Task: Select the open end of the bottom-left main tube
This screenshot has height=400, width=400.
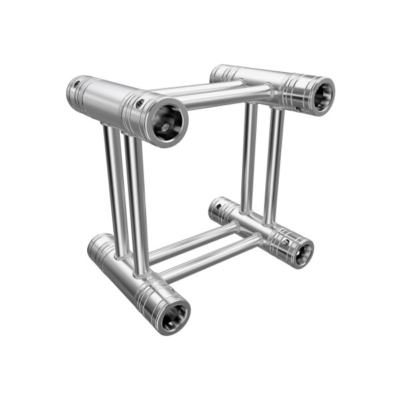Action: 175,314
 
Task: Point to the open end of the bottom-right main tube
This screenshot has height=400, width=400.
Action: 301,252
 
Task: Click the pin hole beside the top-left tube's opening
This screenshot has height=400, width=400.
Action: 140,103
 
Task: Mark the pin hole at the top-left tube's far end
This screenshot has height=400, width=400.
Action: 77,84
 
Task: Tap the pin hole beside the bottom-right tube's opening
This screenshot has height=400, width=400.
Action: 285,242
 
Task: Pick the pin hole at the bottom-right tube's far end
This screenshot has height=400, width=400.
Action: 218,206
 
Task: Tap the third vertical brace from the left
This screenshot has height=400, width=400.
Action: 249,157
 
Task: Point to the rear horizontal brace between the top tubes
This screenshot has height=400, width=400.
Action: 200,87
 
